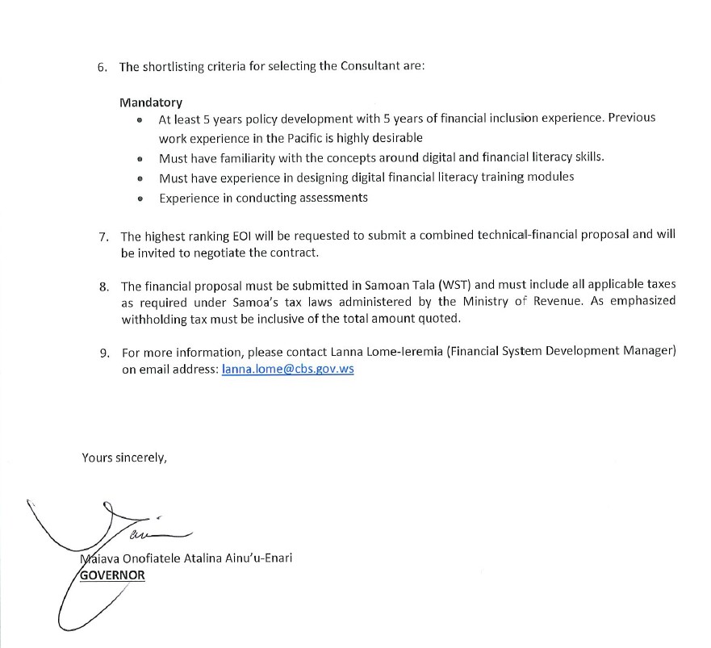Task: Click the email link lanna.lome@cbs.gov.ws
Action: [287, 369]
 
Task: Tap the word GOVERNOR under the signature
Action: [112, 575]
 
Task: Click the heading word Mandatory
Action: [151, 102]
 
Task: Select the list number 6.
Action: [102, 67]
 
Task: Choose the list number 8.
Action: [103, 286]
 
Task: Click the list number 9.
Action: [103, 353]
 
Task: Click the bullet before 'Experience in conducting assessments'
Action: [140, 199]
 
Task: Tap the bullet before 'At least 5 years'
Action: [140, 119]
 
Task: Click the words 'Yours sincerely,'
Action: [124, 458]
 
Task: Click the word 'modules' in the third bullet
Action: [551, 177]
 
